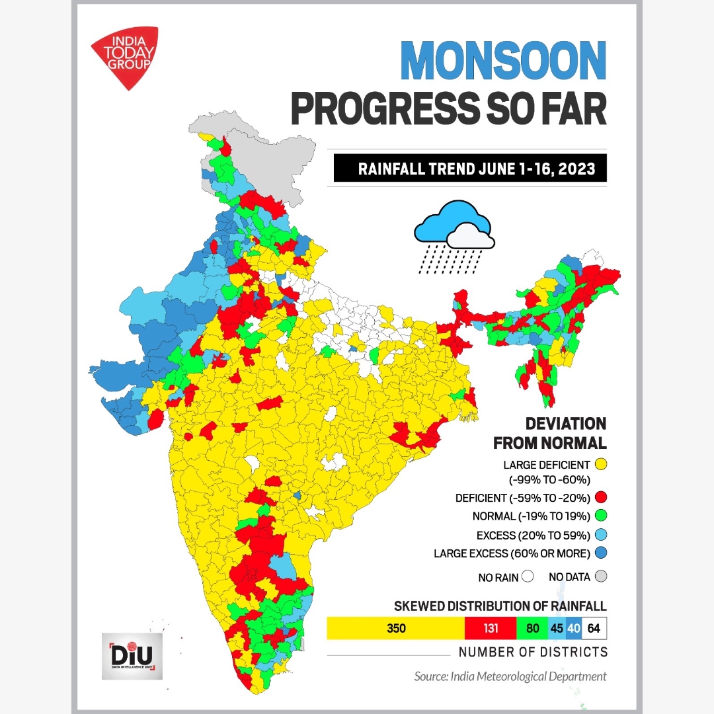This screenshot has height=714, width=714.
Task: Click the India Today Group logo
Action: (x=125, y=56)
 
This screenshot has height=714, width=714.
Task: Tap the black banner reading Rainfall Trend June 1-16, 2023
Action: (x=469, y=169)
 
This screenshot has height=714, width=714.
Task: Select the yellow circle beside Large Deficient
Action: (x=600, y=465)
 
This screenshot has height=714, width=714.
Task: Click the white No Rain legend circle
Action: (x=527, y=577)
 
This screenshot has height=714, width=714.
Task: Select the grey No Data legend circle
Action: (x=600, y=577)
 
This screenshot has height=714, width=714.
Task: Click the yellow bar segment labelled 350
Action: (x=395, y=628)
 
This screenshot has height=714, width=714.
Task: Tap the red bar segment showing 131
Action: (x=490, y=628)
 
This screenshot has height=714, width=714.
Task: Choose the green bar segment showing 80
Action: (x=532, y=628)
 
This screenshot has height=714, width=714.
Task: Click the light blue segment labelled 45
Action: (x=557, y=628)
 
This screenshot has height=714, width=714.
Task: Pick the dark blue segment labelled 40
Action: (x=573, y=628)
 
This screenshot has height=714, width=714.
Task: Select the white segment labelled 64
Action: (x=594, y=628)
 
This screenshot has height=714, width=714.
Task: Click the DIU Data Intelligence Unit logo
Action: (x=132, y=656)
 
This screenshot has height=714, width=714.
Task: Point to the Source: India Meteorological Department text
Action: (x=510, y=676)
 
